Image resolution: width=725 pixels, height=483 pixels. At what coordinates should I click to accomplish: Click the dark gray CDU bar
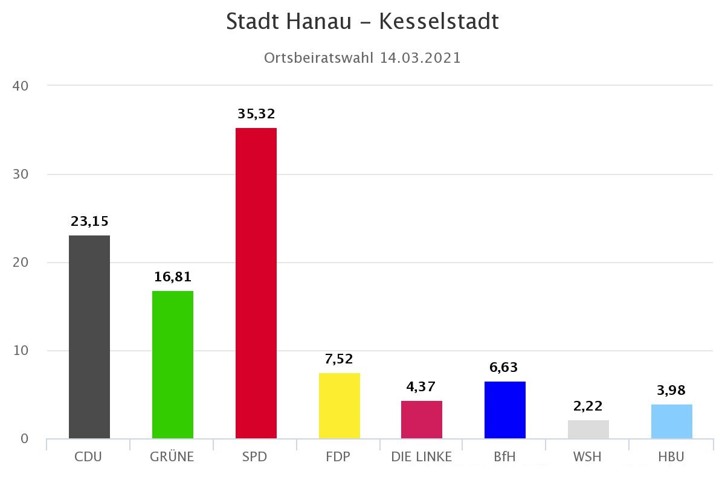[x=89, y=336]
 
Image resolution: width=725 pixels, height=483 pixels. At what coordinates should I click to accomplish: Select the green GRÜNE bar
[x=173, y=364]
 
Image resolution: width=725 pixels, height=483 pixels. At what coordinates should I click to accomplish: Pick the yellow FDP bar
[x=340, y=406]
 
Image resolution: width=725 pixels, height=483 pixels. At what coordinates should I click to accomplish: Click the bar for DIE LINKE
[x=422, y=420]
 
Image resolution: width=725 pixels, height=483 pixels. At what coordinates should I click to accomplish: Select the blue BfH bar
[x=505, y=410]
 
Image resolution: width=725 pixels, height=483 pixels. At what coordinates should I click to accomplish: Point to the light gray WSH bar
[x=588, y=429]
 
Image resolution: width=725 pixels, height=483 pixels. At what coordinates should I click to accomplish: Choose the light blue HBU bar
[x=672, y=421]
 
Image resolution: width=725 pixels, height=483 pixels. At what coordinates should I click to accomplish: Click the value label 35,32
[x=256, y=114]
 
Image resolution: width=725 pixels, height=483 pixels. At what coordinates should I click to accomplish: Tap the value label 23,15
[x=89, y=221]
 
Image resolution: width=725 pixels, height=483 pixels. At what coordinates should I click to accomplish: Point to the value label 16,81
[x=173, y=277]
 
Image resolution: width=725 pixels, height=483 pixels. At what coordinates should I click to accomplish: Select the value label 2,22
[x=588, y=406]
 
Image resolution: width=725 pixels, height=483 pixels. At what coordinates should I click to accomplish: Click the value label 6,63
[x=505, y=367]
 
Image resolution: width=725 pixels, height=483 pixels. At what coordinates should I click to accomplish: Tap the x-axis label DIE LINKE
[x=422, y=457]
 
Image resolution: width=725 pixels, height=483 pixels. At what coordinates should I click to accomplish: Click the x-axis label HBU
[x=671, y=457]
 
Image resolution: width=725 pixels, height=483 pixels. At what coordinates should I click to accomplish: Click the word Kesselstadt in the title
[x=439, y=22]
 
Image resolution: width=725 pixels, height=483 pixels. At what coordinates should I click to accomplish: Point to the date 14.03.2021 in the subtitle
[x=420, y=58]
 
